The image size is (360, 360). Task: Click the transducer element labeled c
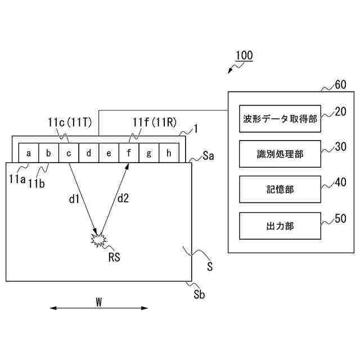[69, 152]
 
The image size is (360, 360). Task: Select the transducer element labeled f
[129, 152]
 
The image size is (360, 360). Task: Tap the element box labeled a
[28, 152]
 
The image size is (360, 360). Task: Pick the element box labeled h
[169, 152]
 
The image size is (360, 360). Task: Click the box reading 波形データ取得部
[280, 119]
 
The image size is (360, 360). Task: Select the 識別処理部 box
[280, 154]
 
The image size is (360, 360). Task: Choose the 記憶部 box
[280, 190]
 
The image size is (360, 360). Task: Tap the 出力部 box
[280, 226]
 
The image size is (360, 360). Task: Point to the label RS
[115, 256]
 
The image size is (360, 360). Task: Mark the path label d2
[123, 199]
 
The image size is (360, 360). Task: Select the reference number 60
[340, 85]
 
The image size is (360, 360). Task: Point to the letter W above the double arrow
[98, 301]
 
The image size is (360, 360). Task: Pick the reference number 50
[340, 219]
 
